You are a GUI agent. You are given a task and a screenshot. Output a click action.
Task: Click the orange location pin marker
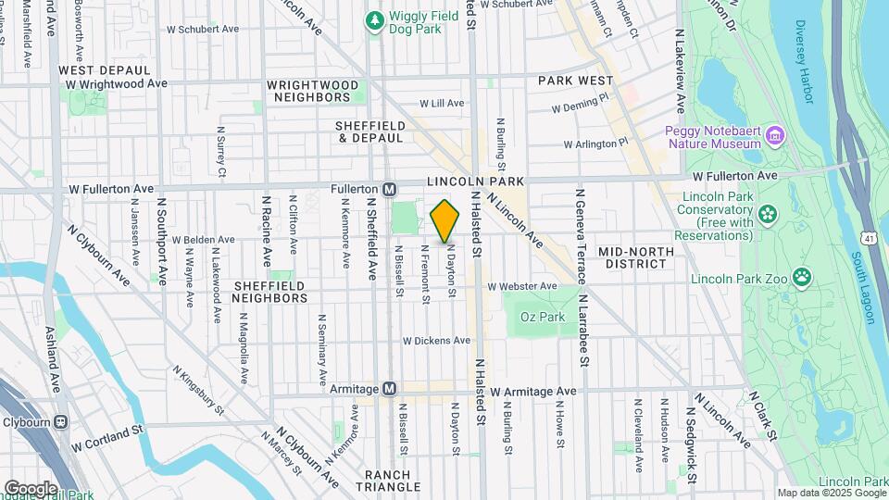coord(445,221)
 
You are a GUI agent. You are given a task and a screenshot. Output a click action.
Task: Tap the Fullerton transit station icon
coord(391,188)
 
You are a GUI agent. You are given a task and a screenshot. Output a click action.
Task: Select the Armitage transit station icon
coord(390,389)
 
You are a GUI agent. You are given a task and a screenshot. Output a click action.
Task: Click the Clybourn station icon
coord(61,422)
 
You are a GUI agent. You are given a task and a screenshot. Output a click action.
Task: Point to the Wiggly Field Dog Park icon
coord(374,19)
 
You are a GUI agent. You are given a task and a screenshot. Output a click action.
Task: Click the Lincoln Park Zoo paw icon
coord(801,276)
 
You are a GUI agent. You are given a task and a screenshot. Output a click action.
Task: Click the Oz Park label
coord(542,317)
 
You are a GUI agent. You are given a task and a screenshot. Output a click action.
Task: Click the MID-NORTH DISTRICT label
coord(632,257)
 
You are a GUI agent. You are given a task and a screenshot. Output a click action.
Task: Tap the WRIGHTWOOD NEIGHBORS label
coord(312,91)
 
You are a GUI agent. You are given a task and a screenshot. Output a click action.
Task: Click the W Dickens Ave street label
coord(436,341)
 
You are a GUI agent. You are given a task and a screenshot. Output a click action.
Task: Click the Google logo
coord(31,488)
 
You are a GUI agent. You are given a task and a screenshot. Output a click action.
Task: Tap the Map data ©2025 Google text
coord(831,493)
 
